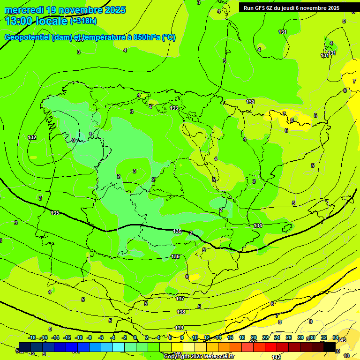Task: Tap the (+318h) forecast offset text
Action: click(x=83, y=21)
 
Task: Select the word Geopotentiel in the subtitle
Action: click(x=28, y=37)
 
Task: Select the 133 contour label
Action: click(x=174, y=108)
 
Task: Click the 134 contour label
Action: click(x=258, y=225)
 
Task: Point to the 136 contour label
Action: click(x=175, y=256)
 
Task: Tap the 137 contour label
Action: click(x=180, y=299)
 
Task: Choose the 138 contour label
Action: click(x=181, y=312)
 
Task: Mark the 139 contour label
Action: click(x=179, y=328)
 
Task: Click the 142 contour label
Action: click(x=276, y=357)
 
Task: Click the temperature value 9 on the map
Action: click(x=310, y=322)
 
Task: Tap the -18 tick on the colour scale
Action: click(x=32, y=337)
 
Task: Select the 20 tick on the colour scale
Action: click(x=254, y=337)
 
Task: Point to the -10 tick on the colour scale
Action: click(x=78, y=337)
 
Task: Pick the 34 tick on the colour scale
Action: click(x=336, y=337)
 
